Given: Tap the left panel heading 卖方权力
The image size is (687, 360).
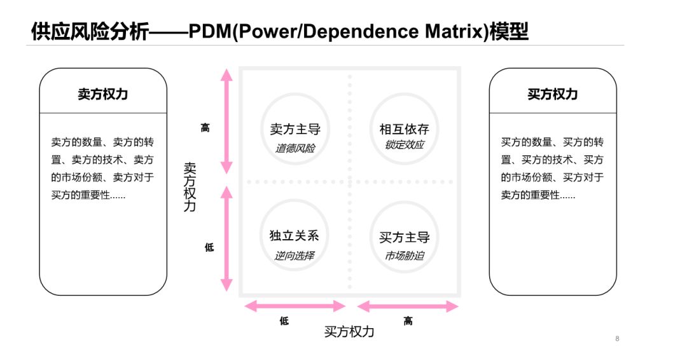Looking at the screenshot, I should pyautogui.click(x=103, y=94).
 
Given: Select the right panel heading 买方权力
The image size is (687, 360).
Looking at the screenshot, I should pyautogui.click(x=552, y=94).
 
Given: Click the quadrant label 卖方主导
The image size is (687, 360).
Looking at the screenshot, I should pyautogui.click(x=295, y=130).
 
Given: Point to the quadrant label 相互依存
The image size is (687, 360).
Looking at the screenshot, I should pyautogui.click(x=404, y=130).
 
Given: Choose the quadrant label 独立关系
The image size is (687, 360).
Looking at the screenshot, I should pyautogui.click(x=294, y=235).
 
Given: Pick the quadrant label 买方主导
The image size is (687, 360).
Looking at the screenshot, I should pyautogui.click(x=404, y=237).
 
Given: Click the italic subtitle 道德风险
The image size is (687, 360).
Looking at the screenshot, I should pyautogui.click(x=295, y=148).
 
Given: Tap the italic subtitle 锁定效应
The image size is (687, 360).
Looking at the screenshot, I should pyautogui.click(x=404, y=145).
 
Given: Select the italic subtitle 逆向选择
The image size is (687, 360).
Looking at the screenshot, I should pyautogui.click(x=294, y=256).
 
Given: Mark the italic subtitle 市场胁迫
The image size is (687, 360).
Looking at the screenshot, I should pyautogui.click(x=404, y=256).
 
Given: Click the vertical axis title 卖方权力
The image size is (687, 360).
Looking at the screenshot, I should pyautogui.click(x=190, y=186).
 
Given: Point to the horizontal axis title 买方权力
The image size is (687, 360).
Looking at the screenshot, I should pyautogui.click(x=349, y=331).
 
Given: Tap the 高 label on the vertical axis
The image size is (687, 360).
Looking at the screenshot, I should pyautogui.click(x=205, y=128).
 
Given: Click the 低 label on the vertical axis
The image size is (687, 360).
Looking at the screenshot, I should pyautogui.click(x=209, y=247).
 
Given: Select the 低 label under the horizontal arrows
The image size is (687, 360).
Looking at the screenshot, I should pyautogui.click(x=284, y=321).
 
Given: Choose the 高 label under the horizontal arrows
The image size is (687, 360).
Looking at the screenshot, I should pyautogui.click(x=408, y=321).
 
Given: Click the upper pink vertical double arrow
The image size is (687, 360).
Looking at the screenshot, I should pyautogui.click(x=226, y=121).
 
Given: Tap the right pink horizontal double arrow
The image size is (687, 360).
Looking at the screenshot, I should pyautogui.click(x=408, y=307).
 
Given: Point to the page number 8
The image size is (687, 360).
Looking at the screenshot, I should pyautogui.click(x=617, y=338).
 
